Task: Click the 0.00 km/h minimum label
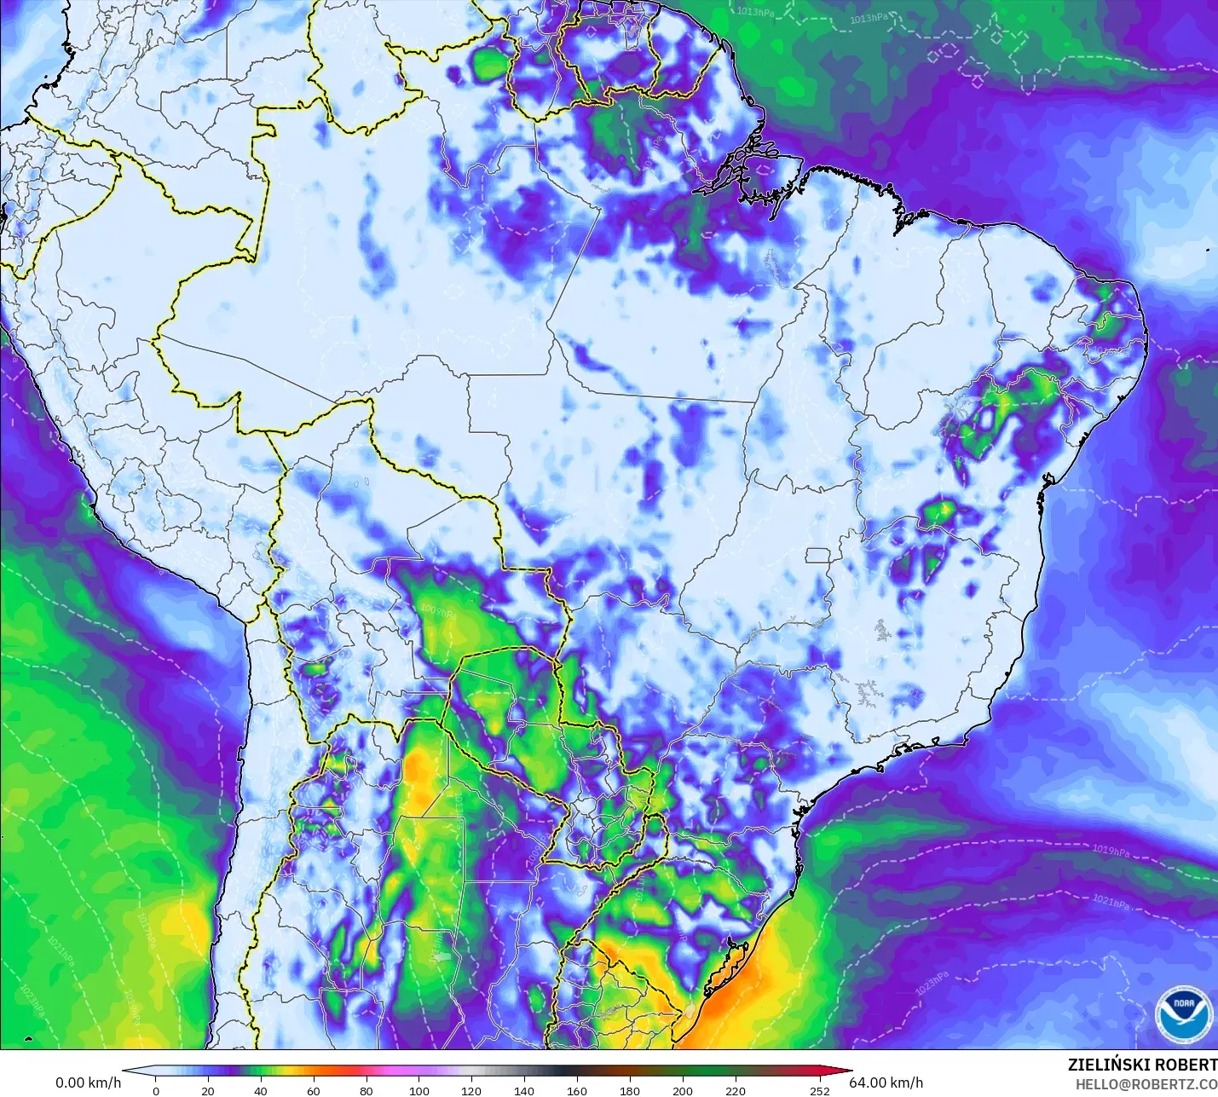(x=89, y=1083)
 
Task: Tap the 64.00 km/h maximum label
(x=886, y=1083)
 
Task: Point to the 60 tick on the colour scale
(x=314, y=1090)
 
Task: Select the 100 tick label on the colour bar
(x=419, y=1090)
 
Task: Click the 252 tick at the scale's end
(x=819, y=1090)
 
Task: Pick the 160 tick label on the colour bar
(x=577, y=1090)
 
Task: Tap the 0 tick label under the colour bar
(x=155, y=1090)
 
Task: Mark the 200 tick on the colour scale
(x=683, y=1090)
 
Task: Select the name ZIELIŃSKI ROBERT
(x=1142, y=1065)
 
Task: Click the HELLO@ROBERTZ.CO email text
(x=1146, y=1084)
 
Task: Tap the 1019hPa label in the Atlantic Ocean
(x=1111, y=852)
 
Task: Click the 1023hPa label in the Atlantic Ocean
(x=931, y=983)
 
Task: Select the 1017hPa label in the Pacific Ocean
(x=147, y=931)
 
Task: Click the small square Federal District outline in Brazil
(x=818, y=556)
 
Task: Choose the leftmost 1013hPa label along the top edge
(x=755, y=12)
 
